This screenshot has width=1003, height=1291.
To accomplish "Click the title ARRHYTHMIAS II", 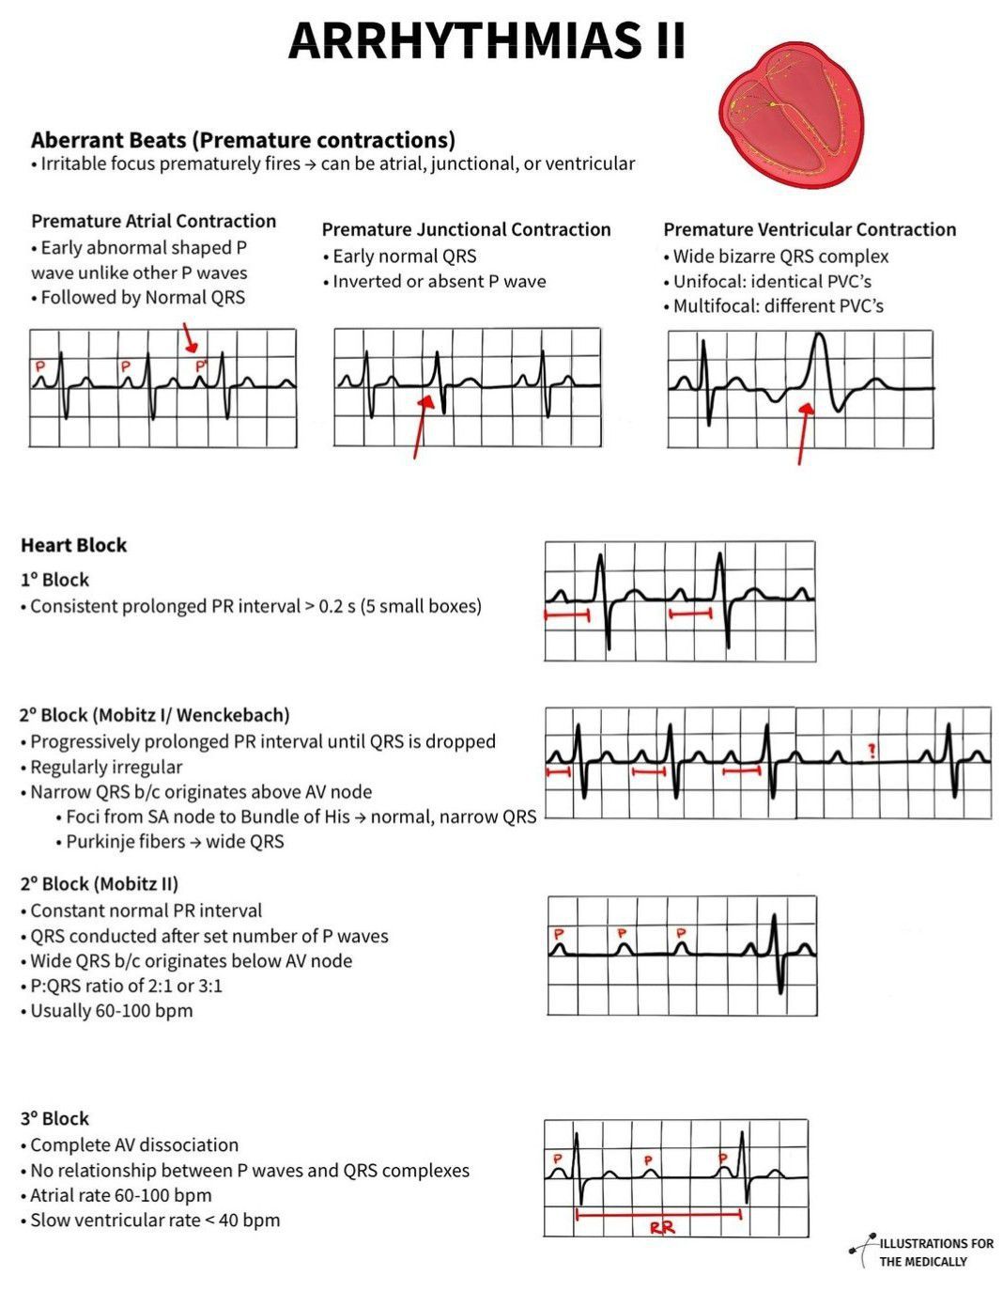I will click(486, 39).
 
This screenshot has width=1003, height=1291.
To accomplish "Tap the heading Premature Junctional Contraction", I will click(466, 229).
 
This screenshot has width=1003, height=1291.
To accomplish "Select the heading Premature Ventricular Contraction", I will click(810, 229).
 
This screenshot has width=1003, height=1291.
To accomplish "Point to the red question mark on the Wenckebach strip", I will click(872, 751).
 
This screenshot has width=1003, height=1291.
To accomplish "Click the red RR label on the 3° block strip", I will click(662, 1226).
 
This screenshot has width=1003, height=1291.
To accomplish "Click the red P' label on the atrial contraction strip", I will click(199, 366).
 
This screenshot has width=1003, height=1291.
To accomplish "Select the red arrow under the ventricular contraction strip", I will click(803, 432).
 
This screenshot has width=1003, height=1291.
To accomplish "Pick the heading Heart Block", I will click(73, 545).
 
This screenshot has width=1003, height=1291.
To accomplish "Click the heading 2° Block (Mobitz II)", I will click(99, 883).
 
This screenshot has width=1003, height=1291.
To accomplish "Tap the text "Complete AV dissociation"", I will click(134, 1144).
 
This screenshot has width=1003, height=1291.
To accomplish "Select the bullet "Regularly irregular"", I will click(106, 767).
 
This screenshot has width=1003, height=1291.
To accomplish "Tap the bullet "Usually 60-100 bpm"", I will click(111, 1011).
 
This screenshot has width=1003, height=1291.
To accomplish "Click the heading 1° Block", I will click(54, 580).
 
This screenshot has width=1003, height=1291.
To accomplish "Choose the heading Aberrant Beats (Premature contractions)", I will click(243, 140).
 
